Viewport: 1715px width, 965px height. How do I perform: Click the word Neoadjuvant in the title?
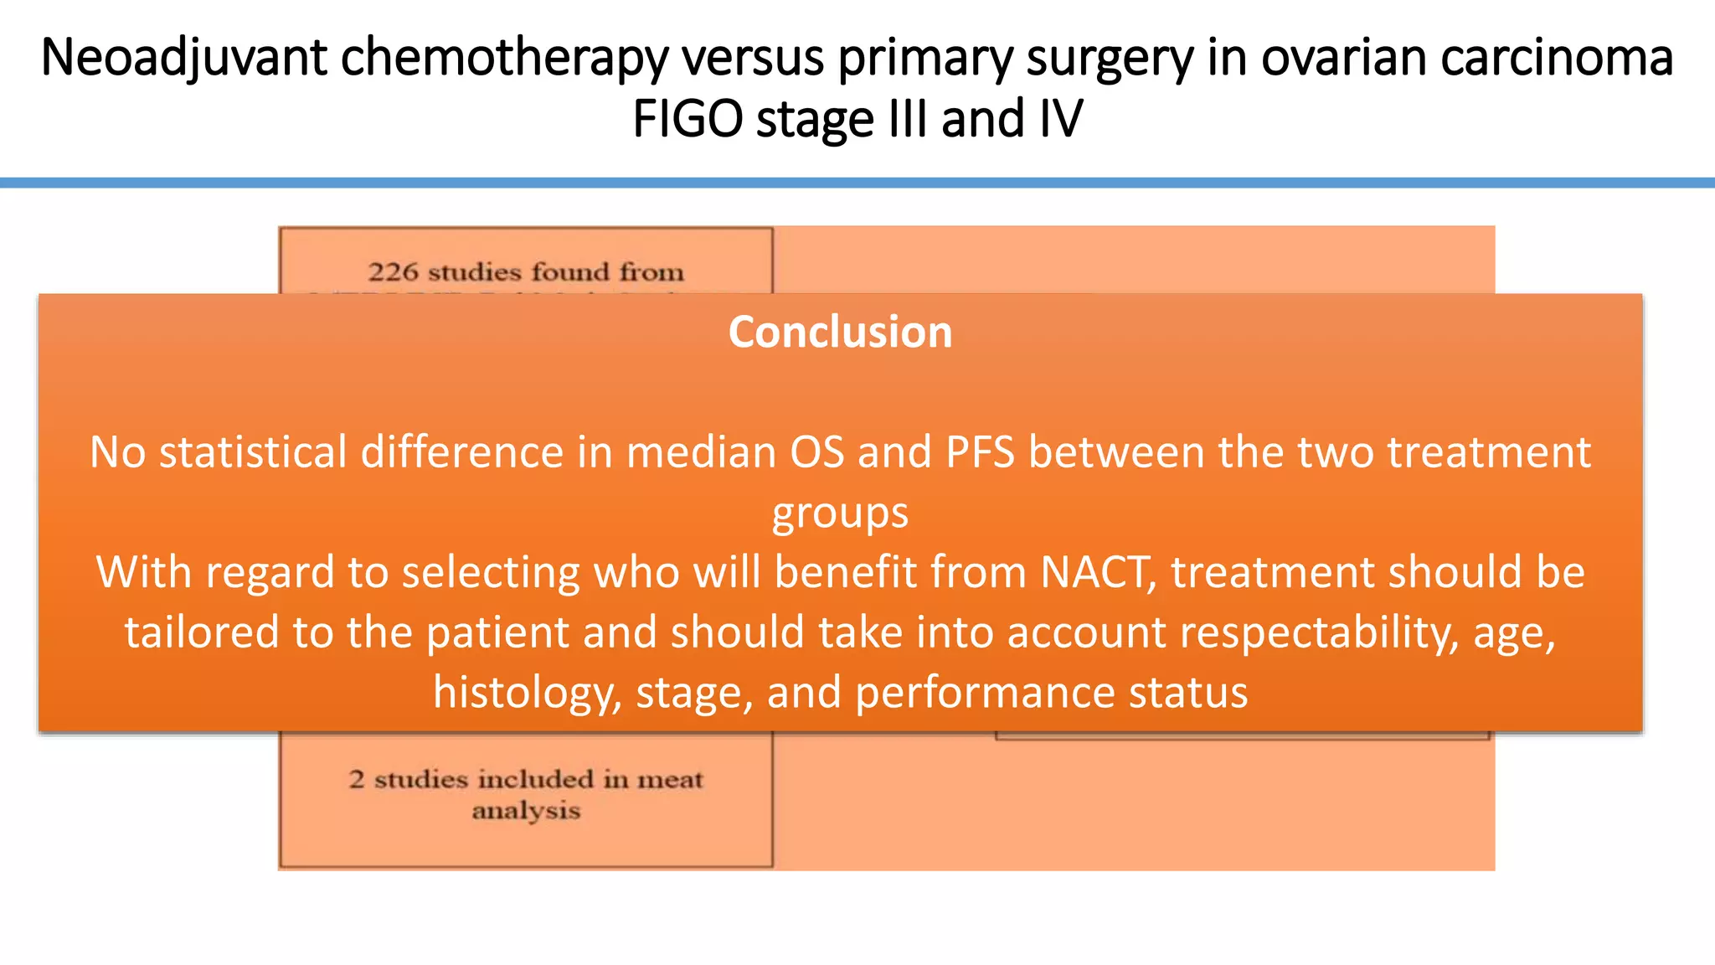click(183, 58)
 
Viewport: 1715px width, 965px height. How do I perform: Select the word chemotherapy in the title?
click(505, 58)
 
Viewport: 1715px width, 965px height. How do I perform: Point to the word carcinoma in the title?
click(1557, 58)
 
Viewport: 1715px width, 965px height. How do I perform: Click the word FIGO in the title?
click(687, 119)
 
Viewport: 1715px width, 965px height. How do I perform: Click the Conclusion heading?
click(840, 332)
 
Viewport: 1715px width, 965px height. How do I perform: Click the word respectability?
click(1320, 632)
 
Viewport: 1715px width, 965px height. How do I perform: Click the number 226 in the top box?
click(393, 272)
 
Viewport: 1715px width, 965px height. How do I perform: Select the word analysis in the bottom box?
click(526, 811)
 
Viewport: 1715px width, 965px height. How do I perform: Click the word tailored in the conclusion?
click(202, 632)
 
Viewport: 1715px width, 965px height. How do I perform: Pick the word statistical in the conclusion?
click(253, 452)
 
